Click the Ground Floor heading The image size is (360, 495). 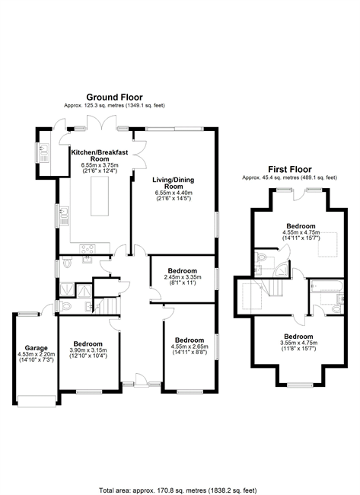[114, 97]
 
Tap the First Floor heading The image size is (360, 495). [290, 169]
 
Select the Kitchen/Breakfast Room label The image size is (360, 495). [100, 155]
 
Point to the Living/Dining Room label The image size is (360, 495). [174, 183]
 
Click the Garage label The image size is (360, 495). [37, 348]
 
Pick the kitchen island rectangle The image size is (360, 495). [100, 196]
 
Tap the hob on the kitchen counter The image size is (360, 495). [88, 249]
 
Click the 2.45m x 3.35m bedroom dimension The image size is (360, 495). [183, 277]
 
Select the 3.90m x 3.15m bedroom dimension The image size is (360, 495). [88, 350]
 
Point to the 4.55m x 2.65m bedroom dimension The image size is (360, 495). [190, 346]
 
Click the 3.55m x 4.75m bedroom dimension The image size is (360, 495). [298, 343]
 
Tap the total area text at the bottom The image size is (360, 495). [178, 490]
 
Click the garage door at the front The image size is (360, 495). [37, 401]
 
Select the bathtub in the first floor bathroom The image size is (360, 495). [327, 286]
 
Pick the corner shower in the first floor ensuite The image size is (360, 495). [282, 269]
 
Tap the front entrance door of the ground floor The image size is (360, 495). [142, 380]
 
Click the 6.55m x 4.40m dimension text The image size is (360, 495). [174, 193]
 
